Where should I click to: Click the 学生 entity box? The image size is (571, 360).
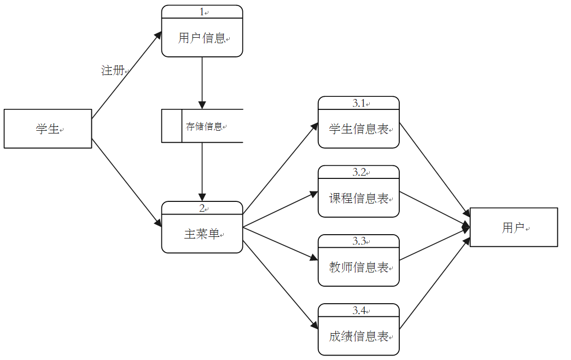click(x=48, y=129)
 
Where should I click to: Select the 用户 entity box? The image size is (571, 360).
click(x=513, y=227)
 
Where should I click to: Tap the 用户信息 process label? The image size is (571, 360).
click(x=202, y=38)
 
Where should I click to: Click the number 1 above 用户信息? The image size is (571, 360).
click(x=201, y=11)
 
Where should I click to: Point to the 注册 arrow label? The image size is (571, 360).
click(x=113, y=71)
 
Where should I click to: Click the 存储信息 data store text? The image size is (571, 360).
click(x=204, y=126)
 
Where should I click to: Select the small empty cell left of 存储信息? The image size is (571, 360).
click(x=172, y=126)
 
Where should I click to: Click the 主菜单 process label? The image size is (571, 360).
click(x=202, y=234)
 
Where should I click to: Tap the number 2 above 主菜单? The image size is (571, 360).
click(x=201, y=208)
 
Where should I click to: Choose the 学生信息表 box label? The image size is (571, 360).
click(x=359, y=129)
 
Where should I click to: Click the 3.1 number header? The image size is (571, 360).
click(x=359, y=103)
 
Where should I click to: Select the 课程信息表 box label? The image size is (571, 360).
click(x=359, y=198)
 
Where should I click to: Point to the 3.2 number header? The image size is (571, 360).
click(x=359, y=172)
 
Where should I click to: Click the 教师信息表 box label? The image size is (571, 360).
click(x=359, y=267)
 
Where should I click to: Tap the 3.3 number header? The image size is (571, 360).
click(x=359, y=241)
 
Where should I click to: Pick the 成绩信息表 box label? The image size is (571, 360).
click(x=359, y=336)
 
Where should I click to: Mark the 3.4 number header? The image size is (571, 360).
click(x=359, y=310)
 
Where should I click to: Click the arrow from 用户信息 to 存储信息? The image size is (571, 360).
click(x=202, y=82)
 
